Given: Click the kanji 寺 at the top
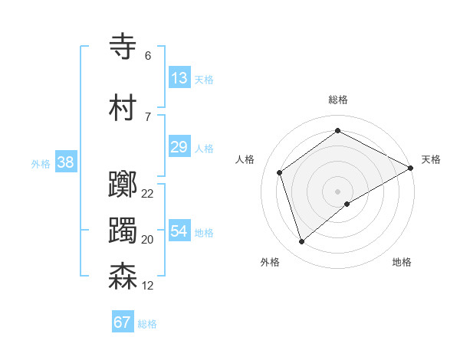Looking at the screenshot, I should tap(123, 47).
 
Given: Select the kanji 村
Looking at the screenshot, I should tap(123, 108).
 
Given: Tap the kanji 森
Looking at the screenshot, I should tap(123, 277).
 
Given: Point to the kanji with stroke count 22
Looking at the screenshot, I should tap(123, 185).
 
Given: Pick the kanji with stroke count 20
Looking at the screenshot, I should tap(123, 231).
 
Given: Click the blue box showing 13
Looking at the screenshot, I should tap(179, 78).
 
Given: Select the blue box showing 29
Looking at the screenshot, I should tap(179, 147).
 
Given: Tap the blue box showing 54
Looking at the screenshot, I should tap(179, 231).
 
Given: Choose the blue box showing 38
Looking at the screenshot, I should tap(65, 162).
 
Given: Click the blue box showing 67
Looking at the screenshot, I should tap(123, 322).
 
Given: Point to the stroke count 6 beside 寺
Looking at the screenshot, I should tap(148, 56).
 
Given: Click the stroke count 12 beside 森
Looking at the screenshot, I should tap(148, 286).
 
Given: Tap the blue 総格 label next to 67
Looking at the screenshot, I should tap(147, 324).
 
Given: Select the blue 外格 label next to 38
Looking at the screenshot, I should tap(41, 163).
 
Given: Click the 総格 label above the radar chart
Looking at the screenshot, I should tap(337, 100).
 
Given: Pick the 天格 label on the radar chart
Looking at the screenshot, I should tap(431, 159).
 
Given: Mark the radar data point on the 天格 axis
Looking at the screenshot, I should tap(411, 168).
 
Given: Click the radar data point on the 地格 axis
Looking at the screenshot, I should tap(347, 204).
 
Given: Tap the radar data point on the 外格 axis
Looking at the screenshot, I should tap(302, 241).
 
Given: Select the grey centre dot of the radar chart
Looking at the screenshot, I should tap(337, 191).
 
